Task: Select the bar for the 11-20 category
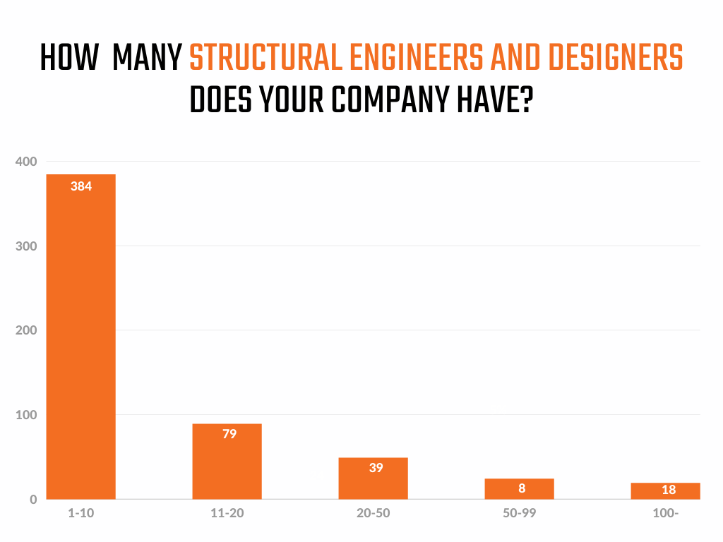tap(227, 462)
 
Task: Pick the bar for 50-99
tap(519, 488)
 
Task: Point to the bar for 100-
tap(665, 490)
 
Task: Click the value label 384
tap(81, 186)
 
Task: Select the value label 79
tap(229, 434)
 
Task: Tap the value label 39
tap(376, 467)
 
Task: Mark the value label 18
tap(669, 490)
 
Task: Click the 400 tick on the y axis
tap(25, 162)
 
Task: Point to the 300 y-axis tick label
tap(25, 246)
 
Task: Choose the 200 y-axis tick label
tap(25, 330)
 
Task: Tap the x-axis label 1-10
tap(80, 513)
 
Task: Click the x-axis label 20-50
tap(373, 513)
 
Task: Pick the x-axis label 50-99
tap(519, 513)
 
